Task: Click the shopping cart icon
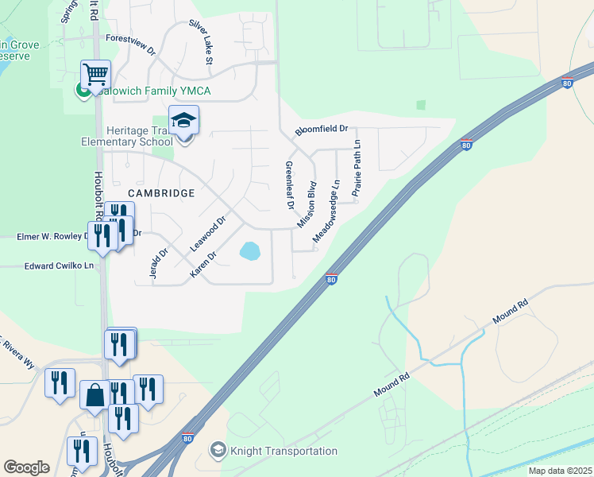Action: click(94, 75)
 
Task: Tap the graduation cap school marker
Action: click(183, 121)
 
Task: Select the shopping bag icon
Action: click(94, 395)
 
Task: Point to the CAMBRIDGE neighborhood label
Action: click(161, 193)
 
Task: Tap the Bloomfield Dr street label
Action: click(322, 129)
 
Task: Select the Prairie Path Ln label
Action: click(357, 168)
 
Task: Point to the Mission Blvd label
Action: click(307, 204)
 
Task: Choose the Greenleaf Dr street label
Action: click(289, 185)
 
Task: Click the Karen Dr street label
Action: click(203, 265)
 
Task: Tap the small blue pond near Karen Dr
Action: click(249, 252)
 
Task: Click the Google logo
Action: click(26, 467)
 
